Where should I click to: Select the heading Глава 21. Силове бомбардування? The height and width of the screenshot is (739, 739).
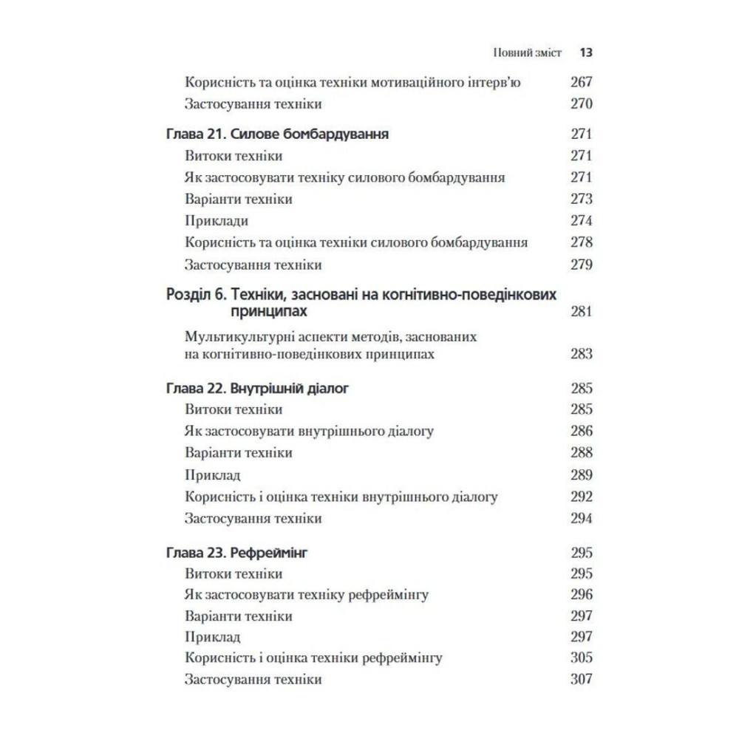tap(276, 134)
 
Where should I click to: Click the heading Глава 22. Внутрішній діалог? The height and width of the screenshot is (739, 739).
tap(255, 387)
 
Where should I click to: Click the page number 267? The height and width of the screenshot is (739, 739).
tap(582, 82)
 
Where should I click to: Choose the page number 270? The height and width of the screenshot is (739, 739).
tap(582, 103)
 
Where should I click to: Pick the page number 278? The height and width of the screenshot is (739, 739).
tap(582, 242)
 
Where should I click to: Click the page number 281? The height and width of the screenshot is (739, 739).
tap(582, 312)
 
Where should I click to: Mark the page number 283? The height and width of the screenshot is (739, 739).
tap(582, 354)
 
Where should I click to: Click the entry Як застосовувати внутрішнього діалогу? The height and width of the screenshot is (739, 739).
tap(309, 430)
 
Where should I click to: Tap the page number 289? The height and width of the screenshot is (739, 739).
tap(582, 475)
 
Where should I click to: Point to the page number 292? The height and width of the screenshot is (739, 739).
tap(582, 497)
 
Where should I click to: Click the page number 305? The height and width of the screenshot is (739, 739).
tap(582, 657)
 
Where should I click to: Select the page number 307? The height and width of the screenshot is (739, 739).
tap(582, 678)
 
